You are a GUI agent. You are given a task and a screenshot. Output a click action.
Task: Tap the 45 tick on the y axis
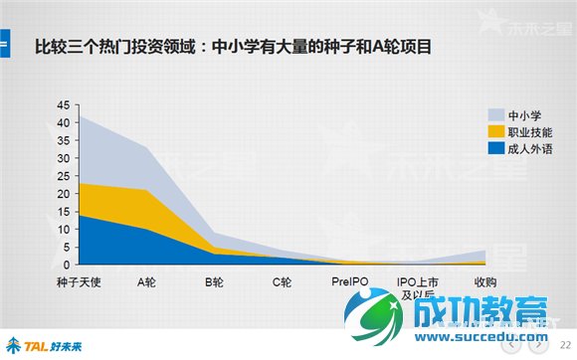point(65,105)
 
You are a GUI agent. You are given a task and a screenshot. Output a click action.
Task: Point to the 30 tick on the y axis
point(65,158)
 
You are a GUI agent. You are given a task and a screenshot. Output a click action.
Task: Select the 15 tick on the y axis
point(65,212)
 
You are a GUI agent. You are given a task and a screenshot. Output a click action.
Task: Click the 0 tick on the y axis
point(68,265)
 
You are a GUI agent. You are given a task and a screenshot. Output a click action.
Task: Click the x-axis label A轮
point(148,282)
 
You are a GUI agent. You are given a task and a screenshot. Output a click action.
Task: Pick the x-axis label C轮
point(282,282)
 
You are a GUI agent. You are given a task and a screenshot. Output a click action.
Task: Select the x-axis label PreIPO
point(350,282)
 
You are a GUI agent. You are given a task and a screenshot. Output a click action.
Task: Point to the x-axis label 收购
point(485,282)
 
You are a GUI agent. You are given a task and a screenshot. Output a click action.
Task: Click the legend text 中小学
point(524,114)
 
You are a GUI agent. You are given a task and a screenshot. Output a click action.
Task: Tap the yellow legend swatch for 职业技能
point(495,132)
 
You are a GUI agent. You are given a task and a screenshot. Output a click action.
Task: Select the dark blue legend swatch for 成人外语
point(495,149)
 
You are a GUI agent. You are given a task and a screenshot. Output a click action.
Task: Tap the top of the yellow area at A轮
point(148,190)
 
